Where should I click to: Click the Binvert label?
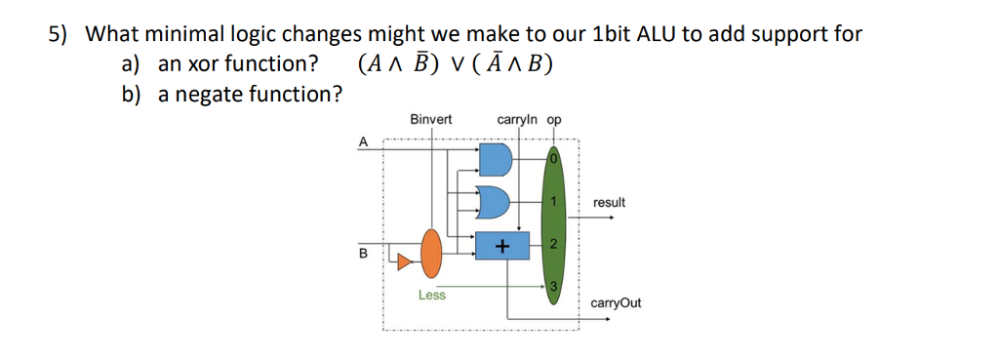[x=431, y=120]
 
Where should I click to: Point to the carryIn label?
[x=517, y=120]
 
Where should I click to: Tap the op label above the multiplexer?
[x=554, y=120]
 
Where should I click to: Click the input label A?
[x=364, y=141]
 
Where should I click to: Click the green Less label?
[x=431, y=295]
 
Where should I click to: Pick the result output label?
[x=609, y=202]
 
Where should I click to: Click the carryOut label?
[x=616, y=302]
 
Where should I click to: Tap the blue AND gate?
[x=495, y=158]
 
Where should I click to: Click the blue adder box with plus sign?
[x=501, y=248]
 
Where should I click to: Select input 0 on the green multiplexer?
[x=552, y=158]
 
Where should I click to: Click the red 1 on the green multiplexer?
[x=552, y=202]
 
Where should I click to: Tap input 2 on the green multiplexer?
[x=552, y=245]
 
